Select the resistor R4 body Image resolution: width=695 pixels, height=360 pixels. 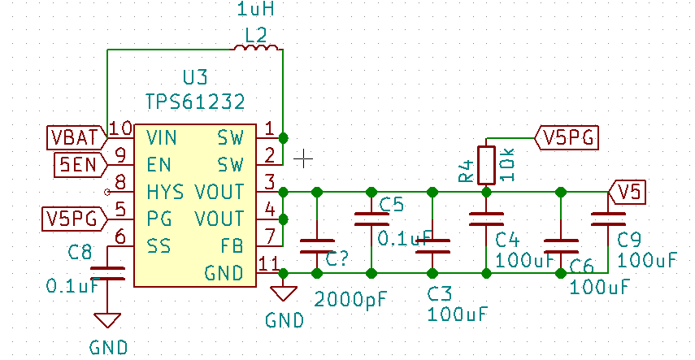(x=486, y=164)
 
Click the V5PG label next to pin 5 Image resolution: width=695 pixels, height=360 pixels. (x=73, y=219)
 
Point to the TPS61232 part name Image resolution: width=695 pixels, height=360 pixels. (x=195, y=102)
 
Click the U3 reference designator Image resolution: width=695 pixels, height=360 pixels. (x=195, y=78)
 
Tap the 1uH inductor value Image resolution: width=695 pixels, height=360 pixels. (x=256, y=11)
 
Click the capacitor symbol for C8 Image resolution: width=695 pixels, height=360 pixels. (x=108, y=271)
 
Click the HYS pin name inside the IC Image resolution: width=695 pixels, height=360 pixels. (x=166, y=192)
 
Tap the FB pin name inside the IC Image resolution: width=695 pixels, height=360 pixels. (x=232, y=245)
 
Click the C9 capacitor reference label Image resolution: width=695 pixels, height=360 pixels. (x=629, y=240)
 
